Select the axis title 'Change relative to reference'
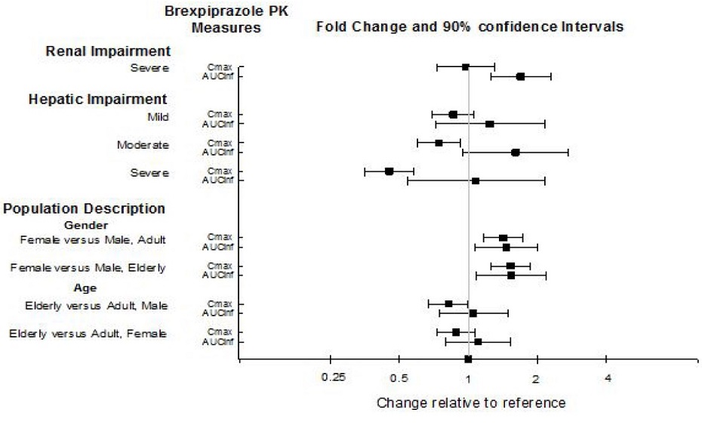(x=470, y=402)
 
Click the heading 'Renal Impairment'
(x=109, y=51)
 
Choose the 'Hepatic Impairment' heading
(x=97, y=99)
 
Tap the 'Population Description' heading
(x=85, y=208)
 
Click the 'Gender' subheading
(x=86, y=225)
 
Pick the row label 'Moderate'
(x=143, y=145)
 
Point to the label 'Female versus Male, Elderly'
(x=88, y=268)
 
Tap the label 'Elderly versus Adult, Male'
(x=96, y=306)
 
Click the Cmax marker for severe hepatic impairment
(x=389, y=171)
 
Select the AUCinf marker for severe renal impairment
(x=520, y=76)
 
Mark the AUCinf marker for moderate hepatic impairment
(x=516, y=152)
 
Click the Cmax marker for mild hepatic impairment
(x=453, y=114)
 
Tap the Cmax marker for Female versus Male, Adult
(x=503, y=238)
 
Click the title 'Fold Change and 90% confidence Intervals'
(x=470, y=26)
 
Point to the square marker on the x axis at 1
(x=468, y=359)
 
